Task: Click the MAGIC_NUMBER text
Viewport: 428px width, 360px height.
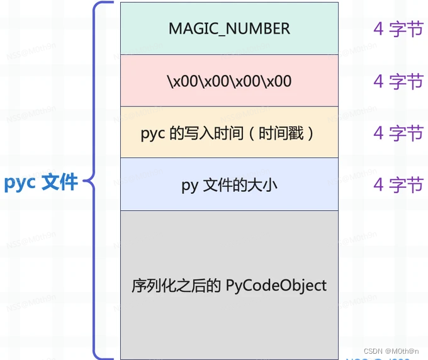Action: coord(229,28)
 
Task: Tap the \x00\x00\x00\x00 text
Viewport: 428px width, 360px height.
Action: coord(229,81)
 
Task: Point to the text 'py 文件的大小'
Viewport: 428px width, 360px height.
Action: coord(229,186)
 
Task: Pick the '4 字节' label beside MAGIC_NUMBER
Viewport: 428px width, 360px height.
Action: coord(398,29)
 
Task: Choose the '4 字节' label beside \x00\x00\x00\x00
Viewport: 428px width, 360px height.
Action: coord(398,81)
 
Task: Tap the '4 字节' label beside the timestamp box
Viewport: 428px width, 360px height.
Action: coord(398,133)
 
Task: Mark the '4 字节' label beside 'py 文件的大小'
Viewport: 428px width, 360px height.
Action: coord(398,185)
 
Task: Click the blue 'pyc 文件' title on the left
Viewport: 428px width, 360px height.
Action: coord(41,182)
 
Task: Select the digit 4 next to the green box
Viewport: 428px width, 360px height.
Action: coord(378,29)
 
